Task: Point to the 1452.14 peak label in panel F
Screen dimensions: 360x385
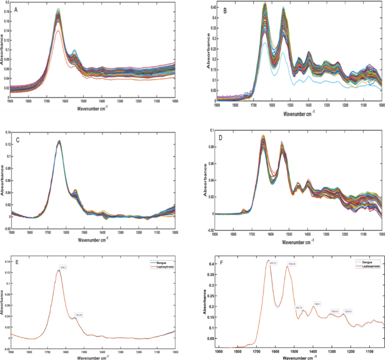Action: tap(298, 307)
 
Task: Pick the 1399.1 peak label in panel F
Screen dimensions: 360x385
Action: tap(317, 303)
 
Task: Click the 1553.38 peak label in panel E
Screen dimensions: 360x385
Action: tap(79, 315)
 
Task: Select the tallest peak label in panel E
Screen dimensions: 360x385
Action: tap(63, 267)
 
